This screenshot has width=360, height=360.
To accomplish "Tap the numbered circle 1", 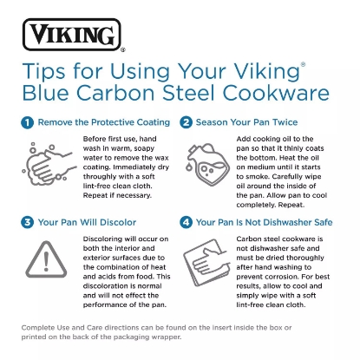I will [29, 122].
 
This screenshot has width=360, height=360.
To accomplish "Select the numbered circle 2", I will [187, 122].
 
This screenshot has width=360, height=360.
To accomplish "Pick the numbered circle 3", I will [29, 221].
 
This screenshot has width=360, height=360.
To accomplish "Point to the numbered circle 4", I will [187, 221].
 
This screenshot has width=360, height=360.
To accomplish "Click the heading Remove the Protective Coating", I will [97, 122].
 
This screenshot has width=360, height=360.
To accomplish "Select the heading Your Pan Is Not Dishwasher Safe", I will [264, 221].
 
